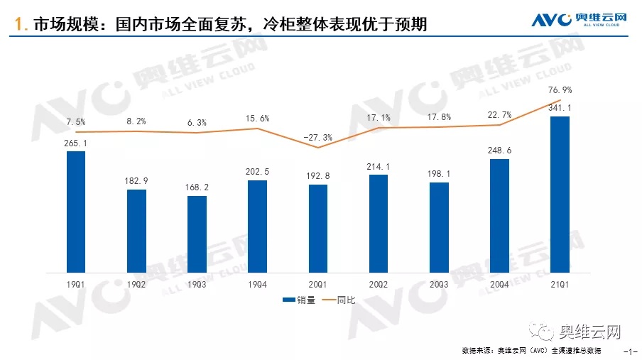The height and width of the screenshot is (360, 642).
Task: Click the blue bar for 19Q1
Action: [x=75, y=212]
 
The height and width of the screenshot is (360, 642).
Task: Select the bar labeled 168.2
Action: [x=197, y=234]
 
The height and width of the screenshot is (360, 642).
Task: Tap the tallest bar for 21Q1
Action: [x=560, y=194]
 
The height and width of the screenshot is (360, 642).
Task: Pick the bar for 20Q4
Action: [x=500, y=215]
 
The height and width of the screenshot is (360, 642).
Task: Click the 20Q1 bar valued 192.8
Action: [x=318, y=228]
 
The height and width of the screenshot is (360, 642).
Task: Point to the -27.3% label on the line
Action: [x=317, y=135]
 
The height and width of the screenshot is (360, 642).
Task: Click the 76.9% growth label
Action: [x=560, y=90]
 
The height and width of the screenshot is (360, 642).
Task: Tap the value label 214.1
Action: [x=379, y=166]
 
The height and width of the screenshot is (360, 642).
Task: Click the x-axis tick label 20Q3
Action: [x=439, y=284]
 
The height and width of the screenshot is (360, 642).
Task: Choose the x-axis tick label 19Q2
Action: [x=136, y=284]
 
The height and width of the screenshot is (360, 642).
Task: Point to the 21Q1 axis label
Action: [x=560, y=284]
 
